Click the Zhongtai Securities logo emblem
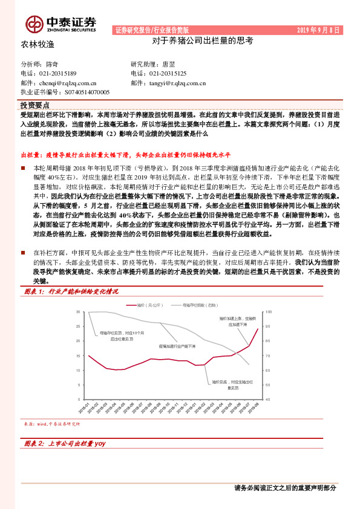[34, 24]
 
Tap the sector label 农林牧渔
[38, 44]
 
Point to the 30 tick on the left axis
[78, 311]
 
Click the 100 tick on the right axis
[269, 311]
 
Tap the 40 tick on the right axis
[268, 400]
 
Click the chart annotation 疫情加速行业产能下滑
[177, 346]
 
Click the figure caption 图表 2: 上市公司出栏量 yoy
[65, 444]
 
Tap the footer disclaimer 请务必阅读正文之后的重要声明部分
[284, 488]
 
